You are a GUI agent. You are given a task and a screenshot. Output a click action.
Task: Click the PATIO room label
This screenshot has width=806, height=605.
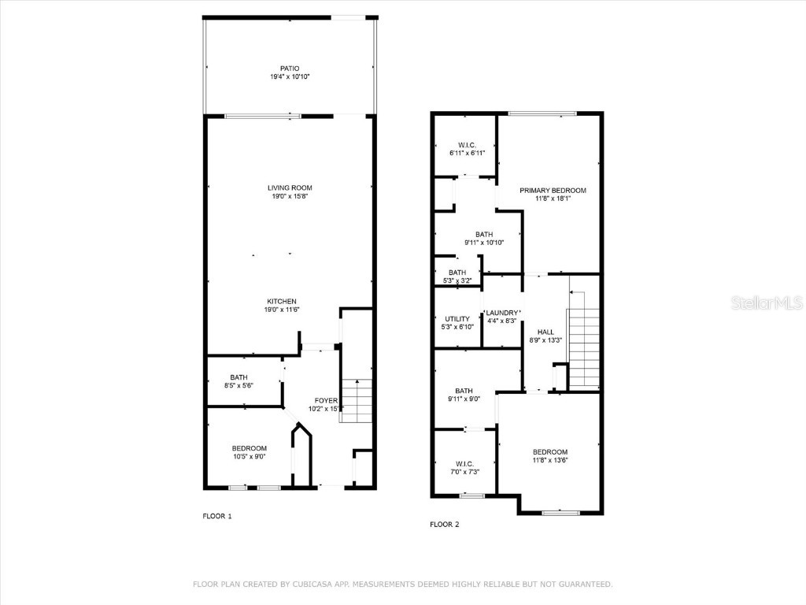click(290, 69)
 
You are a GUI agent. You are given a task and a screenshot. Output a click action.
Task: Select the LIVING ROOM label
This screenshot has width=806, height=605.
click(290, 187)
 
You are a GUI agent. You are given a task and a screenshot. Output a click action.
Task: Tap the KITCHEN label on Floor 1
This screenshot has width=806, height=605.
click(282, 302)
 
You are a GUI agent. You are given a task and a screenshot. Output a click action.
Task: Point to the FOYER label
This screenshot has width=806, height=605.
click(326, 400)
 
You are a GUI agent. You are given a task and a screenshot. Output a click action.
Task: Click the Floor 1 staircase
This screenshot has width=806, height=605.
click(356, 401)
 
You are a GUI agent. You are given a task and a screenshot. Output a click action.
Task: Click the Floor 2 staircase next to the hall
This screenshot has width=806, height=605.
click(583, 339)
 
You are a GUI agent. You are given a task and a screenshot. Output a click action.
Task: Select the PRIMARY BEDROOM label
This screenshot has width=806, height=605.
click(553, 191)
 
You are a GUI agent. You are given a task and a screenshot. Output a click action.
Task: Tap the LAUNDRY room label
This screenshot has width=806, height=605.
click(502, 313)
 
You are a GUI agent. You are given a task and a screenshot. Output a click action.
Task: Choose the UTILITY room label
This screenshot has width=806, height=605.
click(457, 319)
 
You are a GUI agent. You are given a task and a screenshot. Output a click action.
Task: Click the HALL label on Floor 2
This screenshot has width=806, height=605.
click(545, 332)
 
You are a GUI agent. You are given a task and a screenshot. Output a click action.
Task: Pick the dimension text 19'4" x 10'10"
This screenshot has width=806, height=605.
click(290, 77)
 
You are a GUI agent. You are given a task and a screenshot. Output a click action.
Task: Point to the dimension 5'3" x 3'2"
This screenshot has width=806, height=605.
click(457, 280)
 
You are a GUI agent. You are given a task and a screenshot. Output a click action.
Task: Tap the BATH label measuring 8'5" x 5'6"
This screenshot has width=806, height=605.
click(238, 377)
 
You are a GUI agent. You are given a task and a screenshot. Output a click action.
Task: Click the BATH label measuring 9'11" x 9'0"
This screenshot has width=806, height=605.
click(464, 391)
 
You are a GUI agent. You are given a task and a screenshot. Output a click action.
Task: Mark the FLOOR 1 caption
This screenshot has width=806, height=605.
click(217, 516)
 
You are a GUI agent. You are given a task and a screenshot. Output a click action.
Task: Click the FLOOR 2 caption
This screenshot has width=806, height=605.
click(445, 524)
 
